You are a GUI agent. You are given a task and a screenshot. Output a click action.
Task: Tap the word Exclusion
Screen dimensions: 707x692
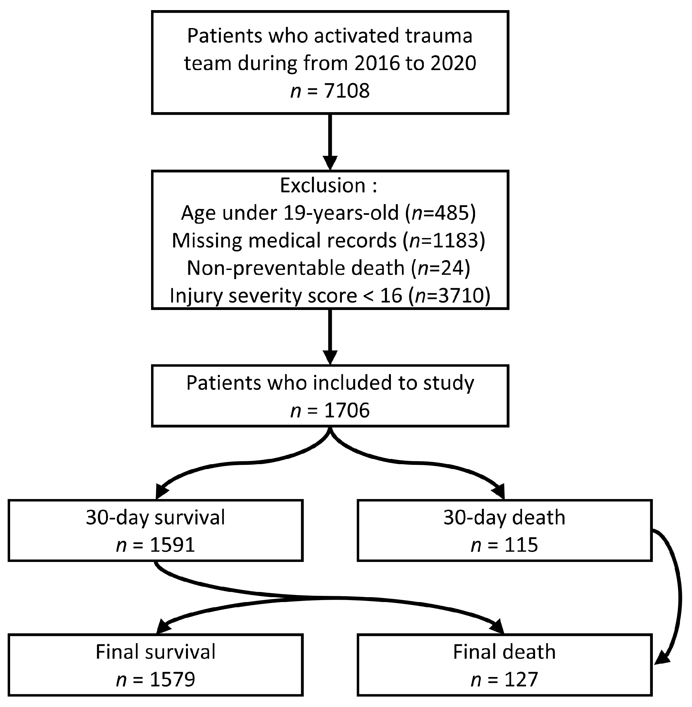322,185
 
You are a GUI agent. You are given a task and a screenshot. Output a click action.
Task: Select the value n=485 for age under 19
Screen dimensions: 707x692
440,213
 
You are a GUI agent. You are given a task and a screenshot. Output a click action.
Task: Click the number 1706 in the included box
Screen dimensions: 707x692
347,411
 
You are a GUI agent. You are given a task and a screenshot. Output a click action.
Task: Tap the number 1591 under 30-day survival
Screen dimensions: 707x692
172,545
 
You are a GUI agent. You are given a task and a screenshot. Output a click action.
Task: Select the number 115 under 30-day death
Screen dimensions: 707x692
521,545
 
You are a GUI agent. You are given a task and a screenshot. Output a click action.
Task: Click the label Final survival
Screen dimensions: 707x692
156,652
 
